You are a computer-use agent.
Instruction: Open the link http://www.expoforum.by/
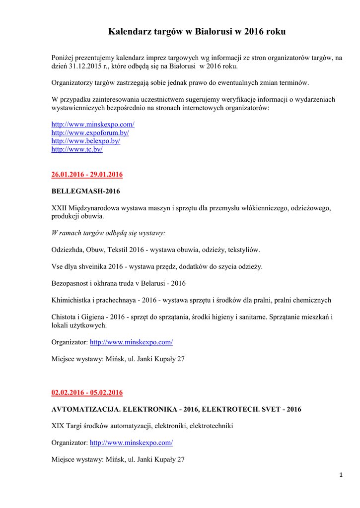[x=90, y=132]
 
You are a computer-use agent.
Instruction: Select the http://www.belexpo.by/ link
[x=85, y=141]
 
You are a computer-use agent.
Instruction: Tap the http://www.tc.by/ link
[x=77, y=149]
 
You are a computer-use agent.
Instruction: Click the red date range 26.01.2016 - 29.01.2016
[x=87, y=175]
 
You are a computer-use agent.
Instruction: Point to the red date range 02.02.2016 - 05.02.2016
[x=87, y=393]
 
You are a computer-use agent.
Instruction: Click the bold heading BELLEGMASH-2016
[x=85, y=190]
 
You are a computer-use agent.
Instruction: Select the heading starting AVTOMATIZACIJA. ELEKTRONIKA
[x=176, y=409]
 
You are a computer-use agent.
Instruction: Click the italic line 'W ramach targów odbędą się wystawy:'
[x=108, y=233]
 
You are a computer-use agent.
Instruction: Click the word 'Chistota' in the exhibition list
[x=64, y=317]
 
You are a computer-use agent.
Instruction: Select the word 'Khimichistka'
[x=71, y=300]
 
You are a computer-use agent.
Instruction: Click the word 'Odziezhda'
[x=68, y=250]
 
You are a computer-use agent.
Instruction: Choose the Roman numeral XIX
[x=58, y=426]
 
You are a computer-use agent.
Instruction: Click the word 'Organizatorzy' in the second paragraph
[x=72, y=82]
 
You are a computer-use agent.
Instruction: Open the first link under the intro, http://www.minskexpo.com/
[x=93, y=124]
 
